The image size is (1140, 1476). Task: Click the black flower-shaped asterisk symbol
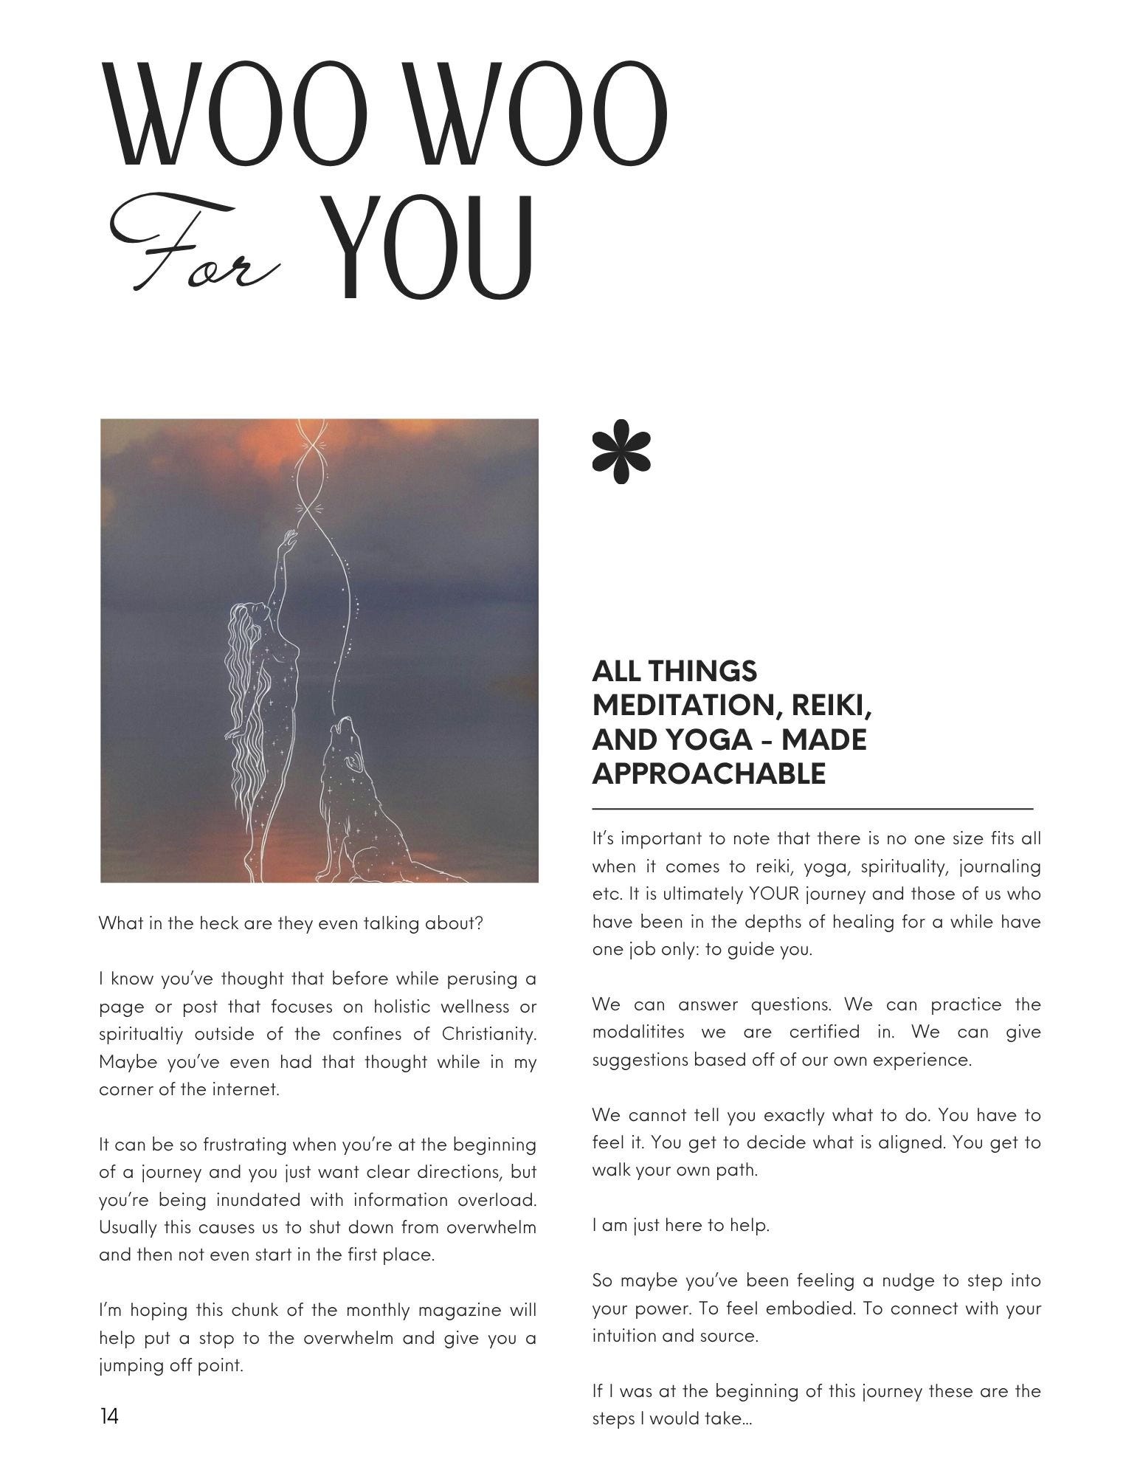click(x=622, y=452)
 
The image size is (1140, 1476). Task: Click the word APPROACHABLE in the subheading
click(x=708, y=773)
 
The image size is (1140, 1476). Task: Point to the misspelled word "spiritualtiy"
click(x=142, y=1034)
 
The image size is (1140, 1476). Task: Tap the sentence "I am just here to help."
click(x=680, y=1226)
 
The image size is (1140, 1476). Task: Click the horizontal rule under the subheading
click(x=812, y=810)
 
